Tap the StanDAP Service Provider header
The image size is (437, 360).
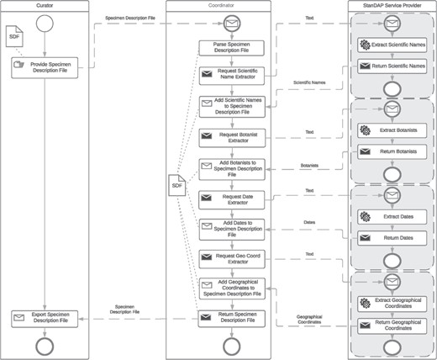tap(391, 6)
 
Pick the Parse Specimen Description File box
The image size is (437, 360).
tap(231, 48)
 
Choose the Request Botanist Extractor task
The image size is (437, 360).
tap(231, 135)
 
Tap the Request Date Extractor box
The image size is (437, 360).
tap(231, 199)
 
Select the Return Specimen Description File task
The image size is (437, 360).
tap(231, 318)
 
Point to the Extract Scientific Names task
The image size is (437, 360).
tap(392, 43)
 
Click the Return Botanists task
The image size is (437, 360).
tap(392, 151)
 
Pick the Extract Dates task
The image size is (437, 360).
tap(392, 217)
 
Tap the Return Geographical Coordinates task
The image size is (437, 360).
tap(392, 325)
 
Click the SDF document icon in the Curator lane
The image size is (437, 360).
tap(14, 38)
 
